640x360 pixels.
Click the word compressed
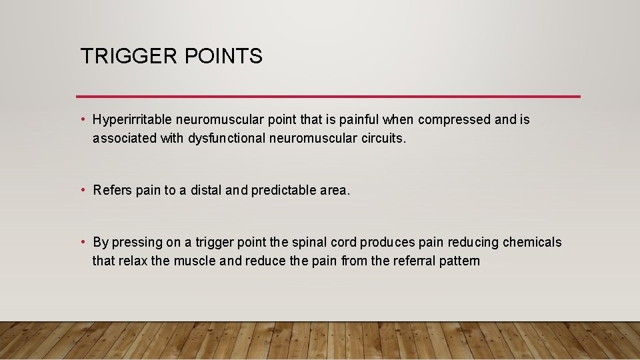[454, 120]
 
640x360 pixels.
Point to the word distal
[205, 191]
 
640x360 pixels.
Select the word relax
[133, 261]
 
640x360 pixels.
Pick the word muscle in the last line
[195, 261]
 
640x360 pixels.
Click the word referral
[414, 261]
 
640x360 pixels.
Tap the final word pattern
[459, 261]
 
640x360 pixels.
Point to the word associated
[125, 139]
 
